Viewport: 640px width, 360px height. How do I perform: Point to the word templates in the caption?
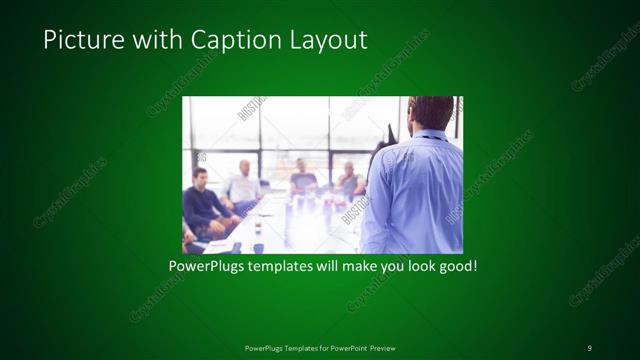pos(282,267)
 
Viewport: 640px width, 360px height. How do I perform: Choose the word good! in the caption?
pos(457,267)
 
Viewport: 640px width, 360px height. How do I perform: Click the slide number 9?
pos(589,347)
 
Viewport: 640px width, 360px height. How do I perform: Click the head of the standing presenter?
pos(431,113)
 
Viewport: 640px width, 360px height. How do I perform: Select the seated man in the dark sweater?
pos(203,200)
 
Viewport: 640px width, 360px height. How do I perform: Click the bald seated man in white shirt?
pos(243,183)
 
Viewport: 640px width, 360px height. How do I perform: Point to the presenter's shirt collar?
pos(430,135)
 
